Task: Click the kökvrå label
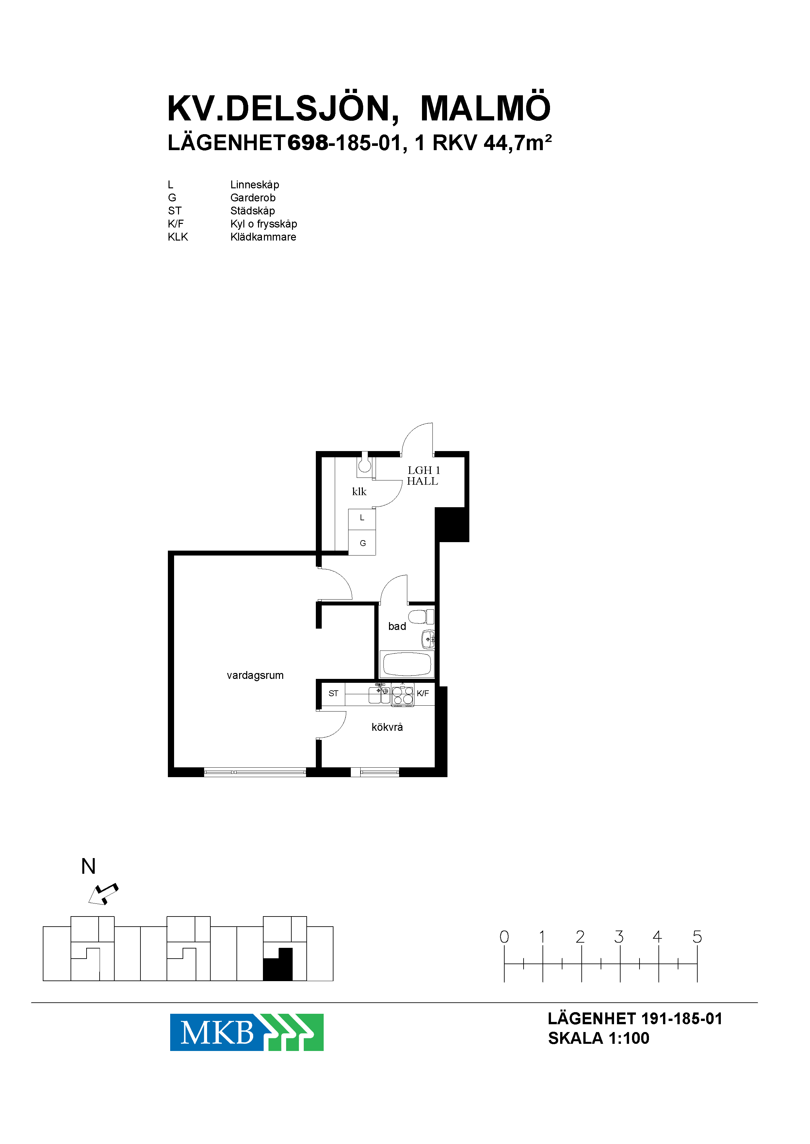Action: [387, 727]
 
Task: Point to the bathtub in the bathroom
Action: [407, 664]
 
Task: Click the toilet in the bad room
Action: [421, 617]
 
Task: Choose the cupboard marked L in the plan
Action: [362, 519]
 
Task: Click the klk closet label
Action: [359, 492]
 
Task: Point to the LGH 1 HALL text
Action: [423, 476]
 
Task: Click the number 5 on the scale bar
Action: [697, 937]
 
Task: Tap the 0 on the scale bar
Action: [504, 937]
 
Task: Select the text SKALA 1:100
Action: [599, 1038]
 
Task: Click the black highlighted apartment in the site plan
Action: [278, 964]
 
